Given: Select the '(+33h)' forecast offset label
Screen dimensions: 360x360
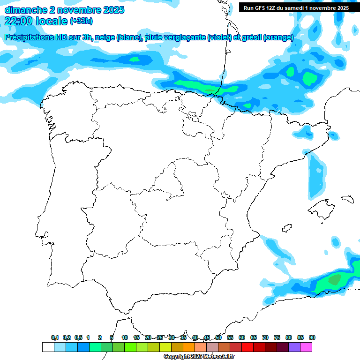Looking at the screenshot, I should click(81, 21).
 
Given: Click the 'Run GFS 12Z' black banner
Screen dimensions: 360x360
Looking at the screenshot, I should click(296, 7).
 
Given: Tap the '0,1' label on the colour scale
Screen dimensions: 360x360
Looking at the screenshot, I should click(55, 337).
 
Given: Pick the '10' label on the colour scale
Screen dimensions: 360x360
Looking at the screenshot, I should click(125, 337).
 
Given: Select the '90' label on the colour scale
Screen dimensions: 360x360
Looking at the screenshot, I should click(312, 337).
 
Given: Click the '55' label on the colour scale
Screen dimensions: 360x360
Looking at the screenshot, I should click(230, 337).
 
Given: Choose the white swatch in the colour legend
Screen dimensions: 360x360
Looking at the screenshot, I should click(48, 347).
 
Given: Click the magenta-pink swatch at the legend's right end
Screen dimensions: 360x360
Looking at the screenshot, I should click(306, 347).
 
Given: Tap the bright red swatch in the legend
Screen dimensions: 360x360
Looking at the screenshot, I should click(247, 347).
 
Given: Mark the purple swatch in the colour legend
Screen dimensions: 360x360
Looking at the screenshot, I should click(294, 347).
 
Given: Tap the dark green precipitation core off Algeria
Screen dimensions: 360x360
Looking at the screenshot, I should click(335, 280).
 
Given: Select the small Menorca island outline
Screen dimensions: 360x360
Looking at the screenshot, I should click(347, 198).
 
